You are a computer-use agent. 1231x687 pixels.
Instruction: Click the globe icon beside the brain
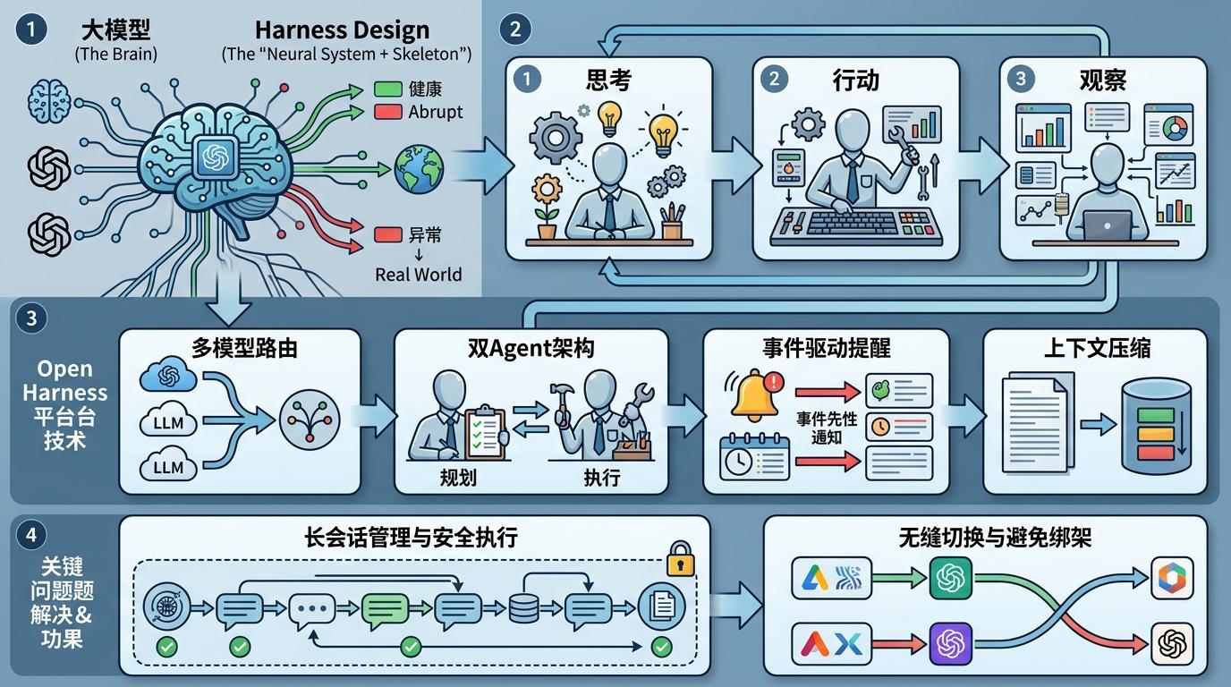coord(419,169)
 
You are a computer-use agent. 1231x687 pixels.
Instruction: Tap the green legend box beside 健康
coord(388,89)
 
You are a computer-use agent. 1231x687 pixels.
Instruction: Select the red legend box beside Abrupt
coord(388,112)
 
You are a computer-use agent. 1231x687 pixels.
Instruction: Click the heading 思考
coord(608,81)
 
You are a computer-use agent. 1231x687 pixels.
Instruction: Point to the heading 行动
coord(855,81)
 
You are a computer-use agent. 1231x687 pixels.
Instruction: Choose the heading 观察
coord(1103,81)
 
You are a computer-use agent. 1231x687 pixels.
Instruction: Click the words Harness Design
coord(343,30)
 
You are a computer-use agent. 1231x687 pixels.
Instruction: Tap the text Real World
coord(418,275)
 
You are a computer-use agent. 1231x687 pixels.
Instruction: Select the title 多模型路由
coord(244,348)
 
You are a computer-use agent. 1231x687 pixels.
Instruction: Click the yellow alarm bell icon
coord(754,394)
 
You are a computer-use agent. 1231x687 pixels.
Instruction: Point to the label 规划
coord(458,477)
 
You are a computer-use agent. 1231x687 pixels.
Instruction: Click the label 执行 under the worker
coord(602,477)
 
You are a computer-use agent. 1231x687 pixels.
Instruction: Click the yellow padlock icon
coord(680,559)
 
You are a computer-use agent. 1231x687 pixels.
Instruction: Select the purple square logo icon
coord(951,643)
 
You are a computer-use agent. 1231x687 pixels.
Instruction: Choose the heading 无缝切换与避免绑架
coord(995,538)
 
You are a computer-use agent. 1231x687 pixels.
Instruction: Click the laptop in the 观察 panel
coord(1107,225)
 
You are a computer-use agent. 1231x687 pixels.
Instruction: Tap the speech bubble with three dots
coord(312,610)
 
